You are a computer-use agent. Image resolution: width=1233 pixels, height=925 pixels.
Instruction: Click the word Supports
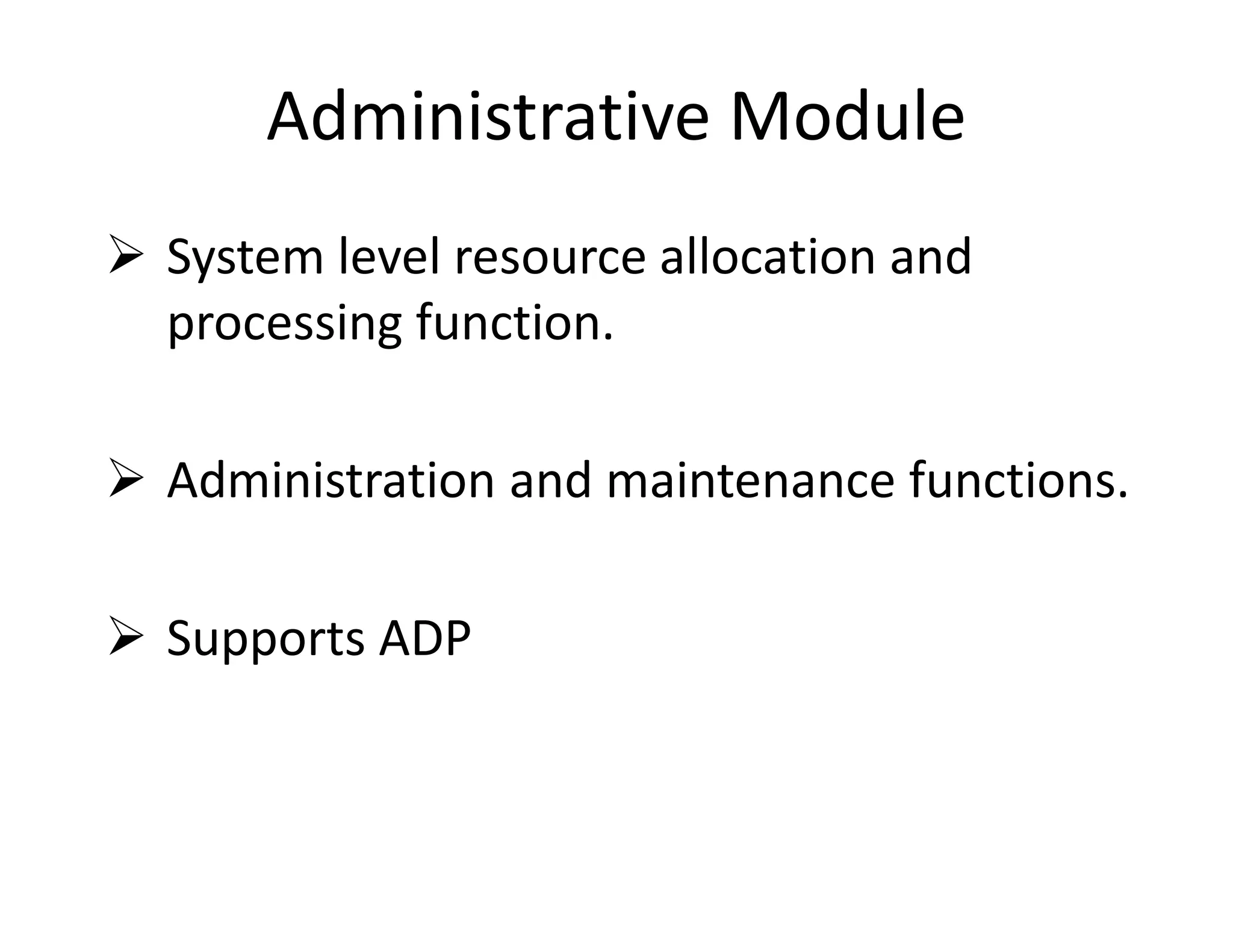(x=266, y=639)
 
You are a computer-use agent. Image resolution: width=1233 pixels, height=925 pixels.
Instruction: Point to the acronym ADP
(x=425, y=638)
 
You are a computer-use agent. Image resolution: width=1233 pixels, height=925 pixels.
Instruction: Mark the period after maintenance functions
(x=1122, y=495)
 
